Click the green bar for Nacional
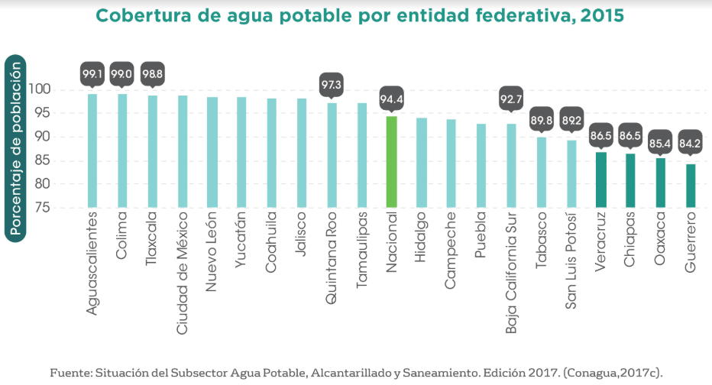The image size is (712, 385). click(x=391, y=161)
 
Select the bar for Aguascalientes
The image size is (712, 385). click(x=92, y=150)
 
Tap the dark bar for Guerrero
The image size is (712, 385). click(x=691, y=185)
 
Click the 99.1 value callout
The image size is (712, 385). click(x=92, y=74)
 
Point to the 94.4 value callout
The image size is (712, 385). click(x=391, y=96)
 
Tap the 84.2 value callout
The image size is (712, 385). click(x=691, y=141)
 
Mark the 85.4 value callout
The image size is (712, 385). click(x=661, y=141)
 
